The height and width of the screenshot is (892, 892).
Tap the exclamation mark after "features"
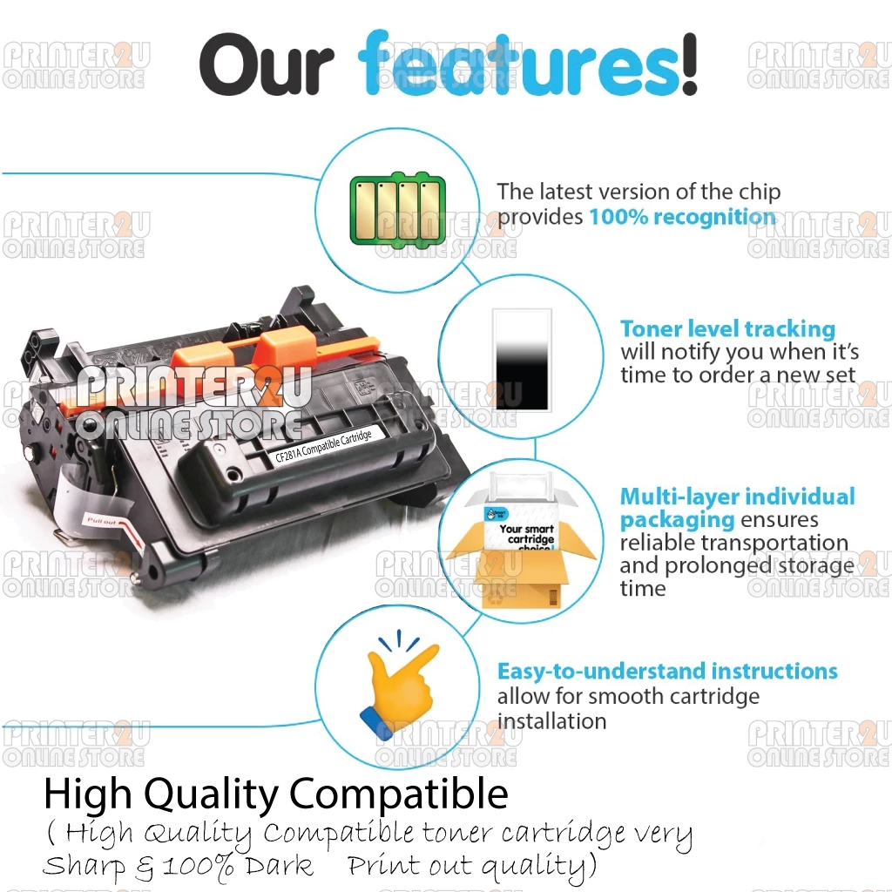(689, 63)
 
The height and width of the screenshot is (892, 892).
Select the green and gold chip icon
(397, 208)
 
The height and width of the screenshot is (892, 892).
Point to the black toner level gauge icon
(522, 360)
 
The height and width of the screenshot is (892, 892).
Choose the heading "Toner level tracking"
(727, 328)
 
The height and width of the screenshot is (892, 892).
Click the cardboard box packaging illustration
(522, 546)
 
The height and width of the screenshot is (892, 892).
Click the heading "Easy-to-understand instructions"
(667, 672)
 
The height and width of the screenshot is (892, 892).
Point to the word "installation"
(551, 721)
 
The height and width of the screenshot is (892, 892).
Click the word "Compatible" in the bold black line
(398, 794)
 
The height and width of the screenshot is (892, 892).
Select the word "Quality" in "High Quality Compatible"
(211, 795)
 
